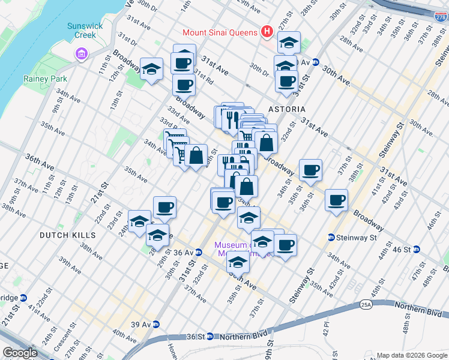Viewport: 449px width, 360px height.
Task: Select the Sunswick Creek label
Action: [85, 31]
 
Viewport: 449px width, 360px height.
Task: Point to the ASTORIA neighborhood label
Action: [287, 109]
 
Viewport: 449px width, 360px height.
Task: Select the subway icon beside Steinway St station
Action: [331, 238]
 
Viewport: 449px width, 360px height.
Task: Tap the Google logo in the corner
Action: [20, 352]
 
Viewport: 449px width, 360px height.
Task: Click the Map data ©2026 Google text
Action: [412, 355]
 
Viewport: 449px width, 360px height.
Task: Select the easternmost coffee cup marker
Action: [337, 199]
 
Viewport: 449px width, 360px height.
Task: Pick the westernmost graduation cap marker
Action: [139, 221]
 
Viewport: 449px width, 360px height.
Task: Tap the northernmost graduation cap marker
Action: [289, 42]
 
